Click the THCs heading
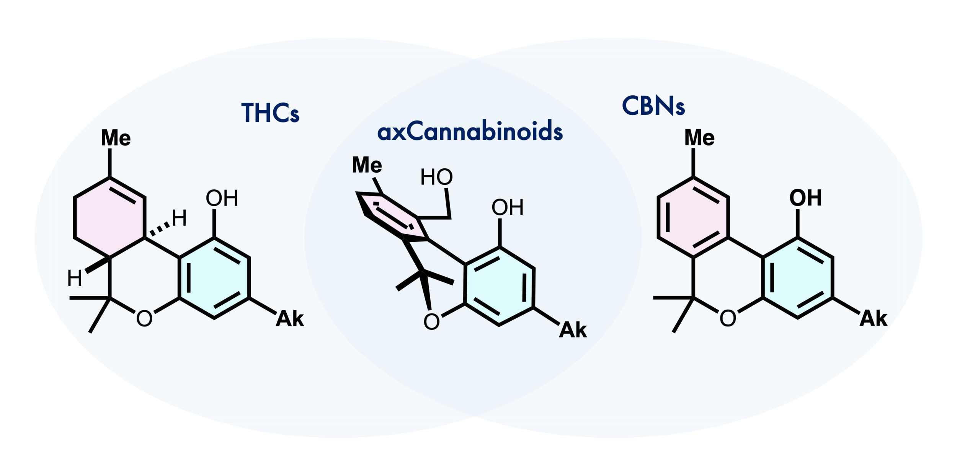pyautogui.click(x=270, y=113)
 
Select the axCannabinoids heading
pyautogui.click(x=470, y=132)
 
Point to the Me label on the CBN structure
pyautogui.click(x=699, y=138)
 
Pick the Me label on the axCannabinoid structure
pyautogui.click(x=367, y=165)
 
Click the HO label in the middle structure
pyautogui.click(x=436, y=177)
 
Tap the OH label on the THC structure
pyautogui.click(x=222, y=198)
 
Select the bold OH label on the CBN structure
pyautogui.click(x=805, y=198)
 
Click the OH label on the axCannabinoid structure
pyautogui.click(x=507, y=207)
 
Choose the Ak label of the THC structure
pyautogui.click(x=290, y=319)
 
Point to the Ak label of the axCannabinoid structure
pyautogui.click(x=573, y=330)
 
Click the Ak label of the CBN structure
pyautogui.click(x=873, y=319)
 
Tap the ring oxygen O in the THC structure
pyautogui.click(x=144, y=318)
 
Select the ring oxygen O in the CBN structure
pyautogui.click(x=728, y=318)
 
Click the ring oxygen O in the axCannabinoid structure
pyautogui.click(x=431, y=322)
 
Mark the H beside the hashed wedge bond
pyautogui.click(x=179, y=219)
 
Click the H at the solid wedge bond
pyautogui.click(x=74, y=278)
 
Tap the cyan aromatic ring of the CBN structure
pyautogui.click(x=798, y=278)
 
